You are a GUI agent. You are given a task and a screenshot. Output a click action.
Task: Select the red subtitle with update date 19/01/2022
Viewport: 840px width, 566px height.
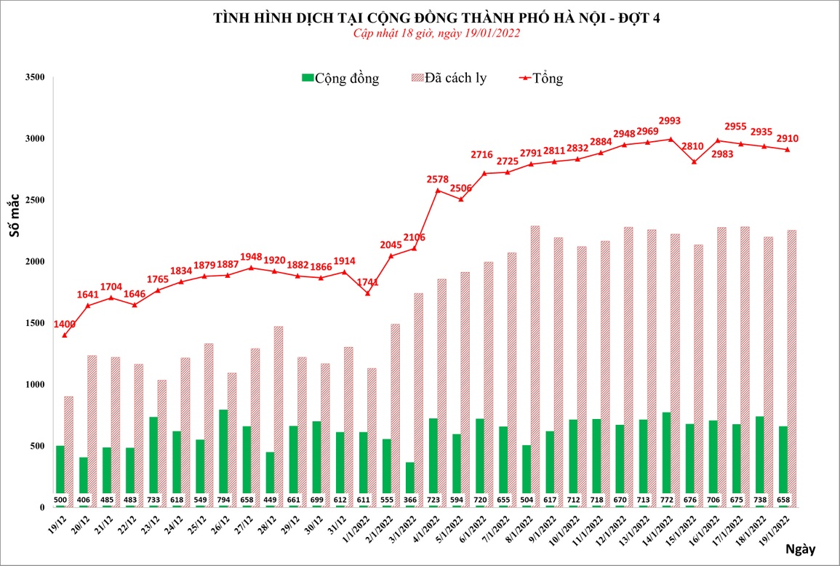[x=436, y=33]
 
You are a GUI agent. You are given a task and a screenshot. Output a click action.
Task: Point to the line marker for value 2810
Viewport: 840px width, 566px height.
[x=694, y=162]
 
